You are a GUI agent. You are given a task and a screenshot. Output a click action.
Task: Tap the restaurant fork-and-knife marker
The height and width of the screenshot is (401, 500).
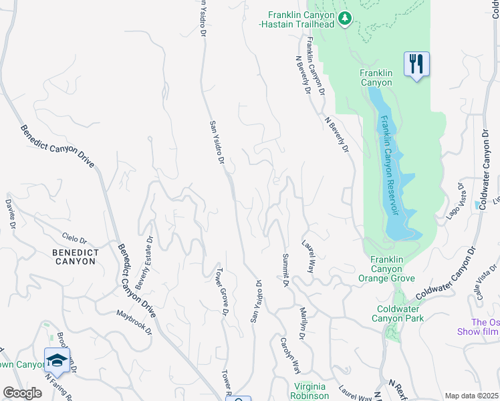(416, 64)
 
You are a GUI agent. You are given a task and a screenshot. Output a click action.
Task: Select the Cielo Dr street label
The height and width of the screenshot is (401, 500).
(74, 238)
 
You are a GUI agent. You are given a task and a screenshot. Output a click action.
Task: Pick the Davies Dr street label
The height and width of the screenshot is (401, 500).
(10, 213)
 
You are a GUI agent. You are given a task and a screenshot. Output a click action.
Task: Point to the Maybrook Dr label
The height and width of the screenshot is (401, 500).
(134, 322)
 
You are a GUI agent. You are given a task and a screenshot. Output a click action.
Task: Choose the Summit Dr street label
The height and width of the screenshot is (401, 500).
(285, 271)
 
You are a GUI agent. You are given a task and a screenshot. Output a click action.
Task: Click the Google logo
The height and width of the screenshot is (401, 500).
(22, 393)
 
